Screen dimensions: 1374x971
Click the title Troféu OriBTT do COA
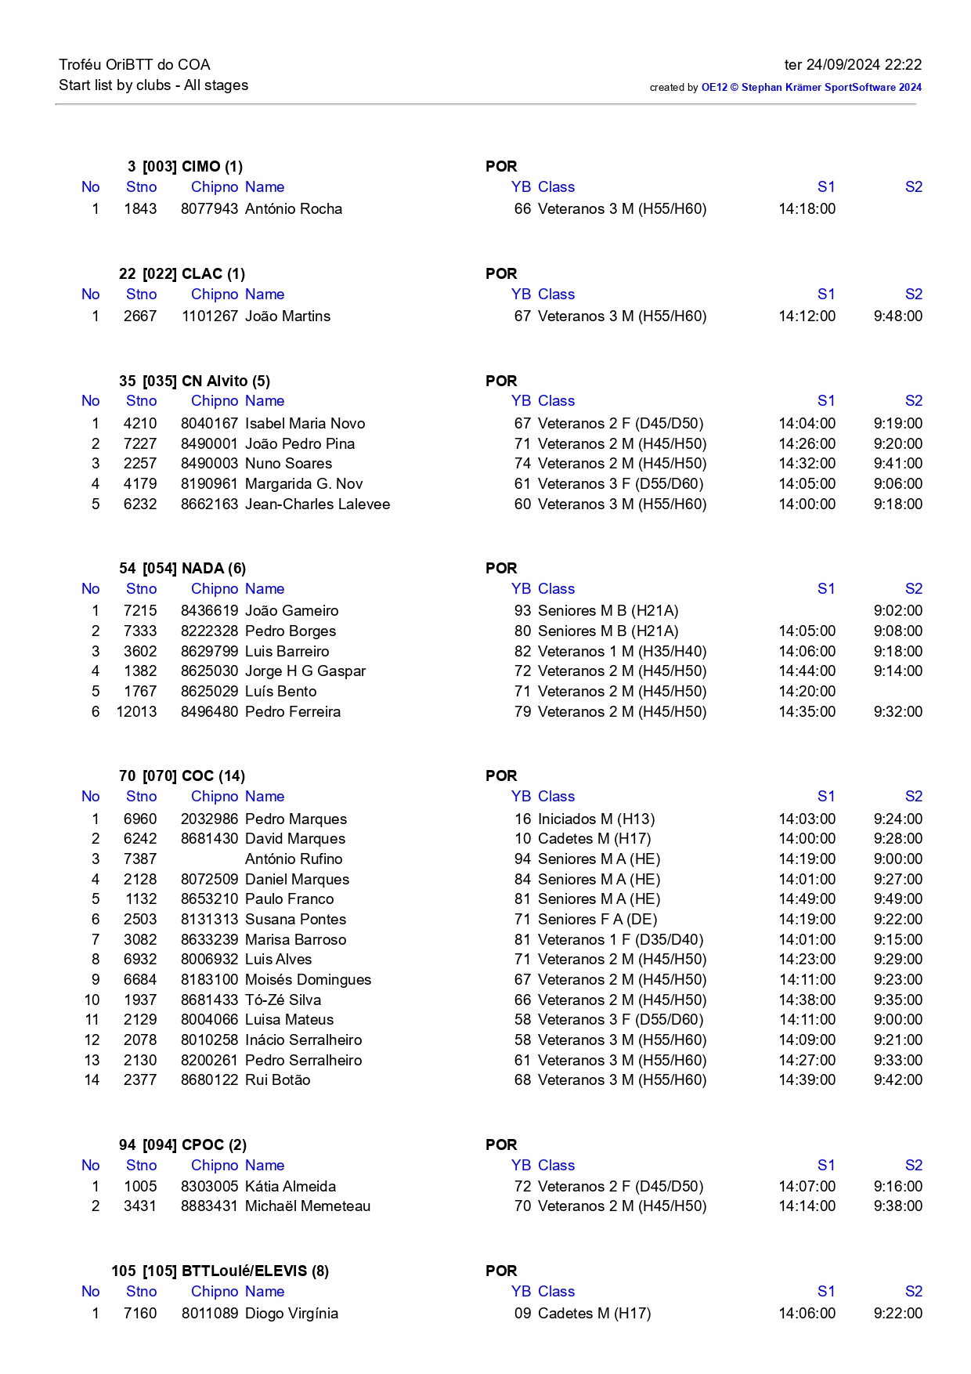point(135,65)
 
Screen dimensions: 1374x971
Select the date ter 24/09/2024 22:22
point(853,65)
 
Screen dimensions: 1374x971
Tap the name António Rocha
point(294,209)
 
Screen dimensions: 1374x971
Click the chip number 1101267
point(209,316)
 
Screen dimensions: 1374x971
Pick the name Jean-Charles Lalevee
point(317,504)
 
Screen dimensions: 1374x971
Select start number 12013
point(136,712)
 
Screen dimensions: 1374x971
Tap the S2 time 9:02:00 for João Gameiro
point(897,611)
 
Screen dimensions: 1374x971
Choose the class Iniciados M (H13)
point(596,819)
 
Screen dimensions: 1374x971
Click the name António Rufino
point(294,859)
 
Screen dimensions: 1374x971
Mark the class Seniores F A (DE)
point(597,920)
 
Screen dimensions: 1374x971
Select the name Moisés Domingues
point(308,980)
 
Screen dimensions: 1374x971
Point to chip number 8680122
point(209,1080)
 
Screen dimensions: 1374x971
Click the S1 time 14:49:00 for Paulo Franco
point(807,899)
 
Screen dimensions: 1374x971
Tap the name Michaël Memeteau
point(308,1206)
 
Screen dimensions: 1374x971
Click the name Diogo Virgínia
point(291,1314)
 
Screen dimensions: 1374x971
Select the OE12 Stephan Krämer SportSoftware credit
point(811,88)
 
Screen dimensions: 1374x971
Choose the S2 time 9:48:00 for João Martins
point(897,316)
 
